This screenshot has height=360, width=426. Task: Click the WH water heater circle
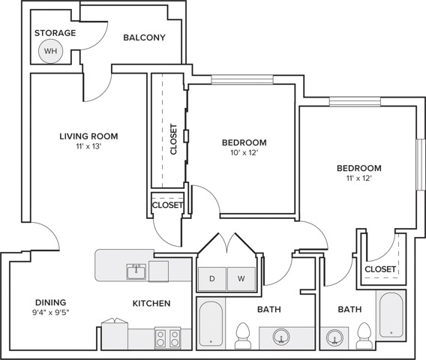[x=50, y=51]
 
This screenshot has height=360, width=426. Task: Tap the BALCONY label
[x=144, y=37]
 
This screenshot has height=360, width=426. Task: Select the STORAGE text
[x=55, y=33]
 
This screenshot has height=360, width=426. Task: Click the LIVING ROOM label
[x=89, y=136]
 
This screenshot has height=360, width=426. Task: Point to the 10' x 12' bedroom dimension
[x=244, y=154]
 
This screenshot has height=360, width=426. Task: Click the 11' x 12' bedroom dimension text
[x=358, y=178]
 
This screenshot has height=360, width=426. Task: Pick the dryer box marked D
[x=212, y=279]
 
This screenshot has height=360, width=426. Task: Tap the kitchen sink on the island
[x=136, y=270]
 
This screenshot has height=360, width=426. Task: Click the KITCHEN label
[x=151, y=304]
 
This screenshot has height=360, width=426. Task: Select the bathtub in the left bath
[x=211, y=324]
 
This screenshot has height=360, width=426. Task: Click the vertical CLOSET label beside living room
[x=174, y=139]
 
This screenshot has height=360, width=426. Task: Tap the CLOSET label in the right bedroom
[x=380, y=269]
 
